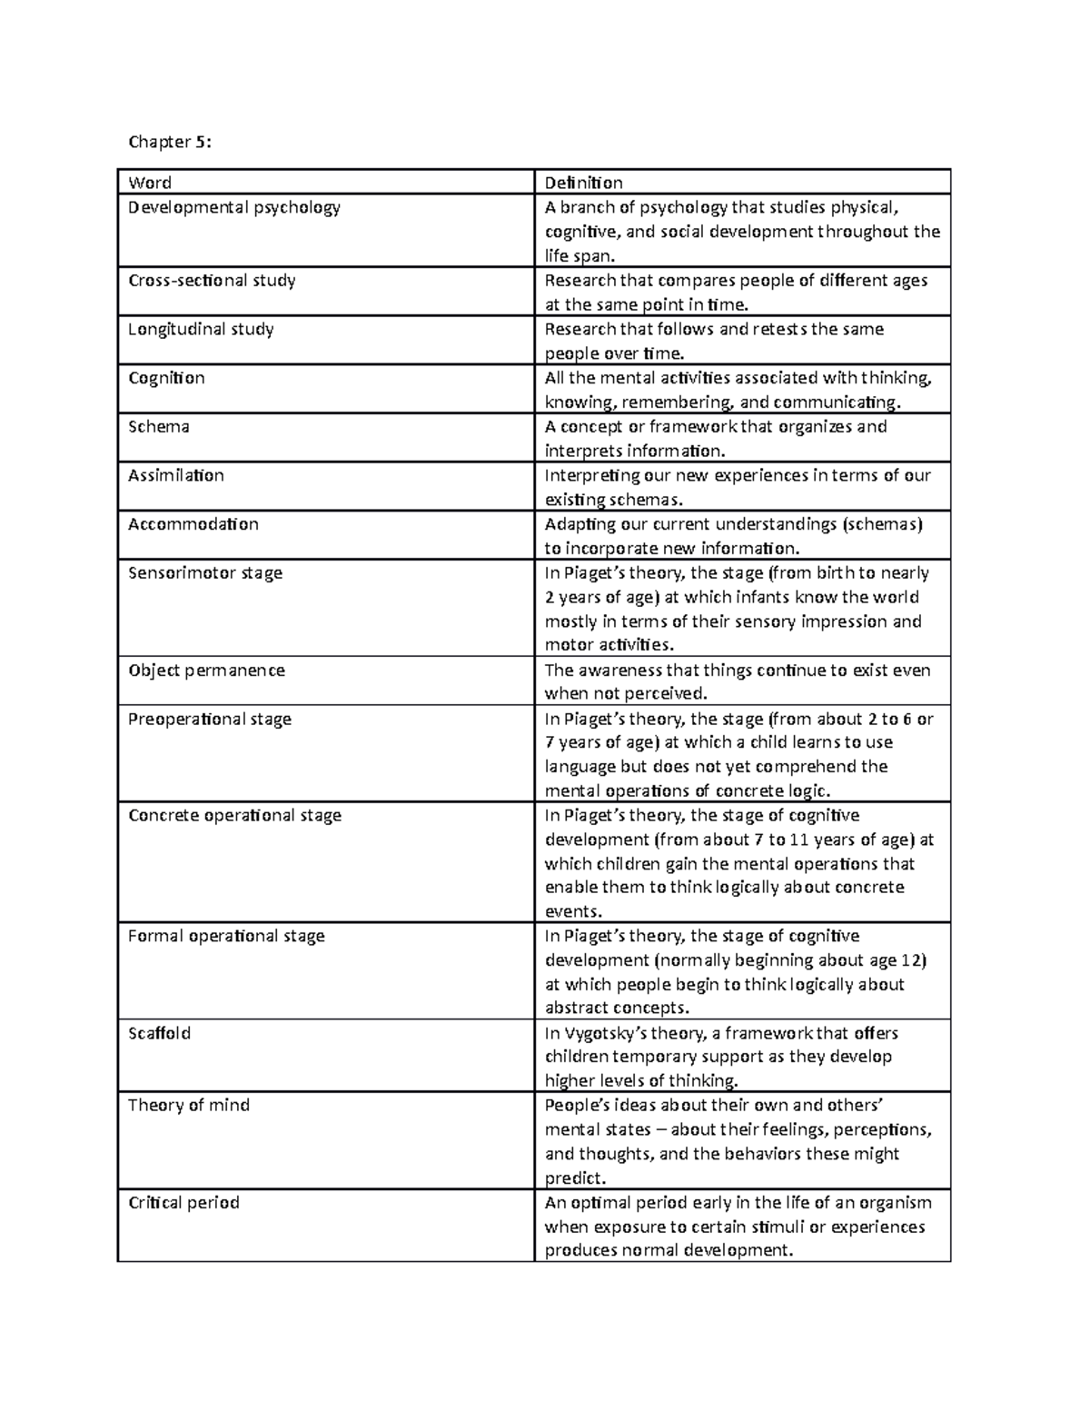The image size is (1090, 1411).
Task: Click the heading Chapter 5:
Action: tap(170, 142)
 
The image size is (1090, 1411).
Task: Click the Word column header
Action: tap(150, 183)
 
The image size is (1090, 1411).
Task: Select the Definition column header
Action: tap(583, 183)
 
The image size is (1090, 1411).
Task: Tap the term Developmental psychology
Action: tap(234, 207)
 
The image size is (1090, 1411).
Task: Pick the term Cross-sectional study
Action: tap(212, 280)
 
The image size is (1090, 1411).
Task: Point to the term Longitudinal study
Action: tap(201, 329)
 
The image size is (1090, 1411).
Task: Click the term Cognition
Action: tap(166, 378)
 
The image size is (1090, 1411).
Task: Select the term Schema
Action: tap(159, 426)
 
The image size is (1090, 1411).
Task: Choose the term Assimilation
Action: tap(176, 475)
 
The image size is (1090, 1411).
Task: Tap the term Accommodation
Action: tap(193, 524)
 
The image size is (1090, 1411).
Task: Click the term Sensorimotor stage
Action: tap(205, 573)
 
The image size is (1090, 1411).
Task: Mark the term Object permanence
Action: tap(206, 671)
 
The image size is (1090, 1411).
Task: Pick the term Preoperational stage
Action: tap(210, 719)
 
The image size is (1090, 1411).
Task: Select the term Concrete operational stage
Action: tap(234, 815)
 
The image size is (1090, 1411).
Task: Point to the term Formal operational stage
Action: tap(226, 936)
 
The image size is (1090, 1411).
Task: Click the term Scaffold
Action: tap(159, 1033)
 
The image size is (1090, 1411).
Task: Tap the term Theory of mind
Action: tap(189, 1105)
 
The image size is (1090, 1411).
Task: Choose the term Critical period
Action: tap(183, 1202)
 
